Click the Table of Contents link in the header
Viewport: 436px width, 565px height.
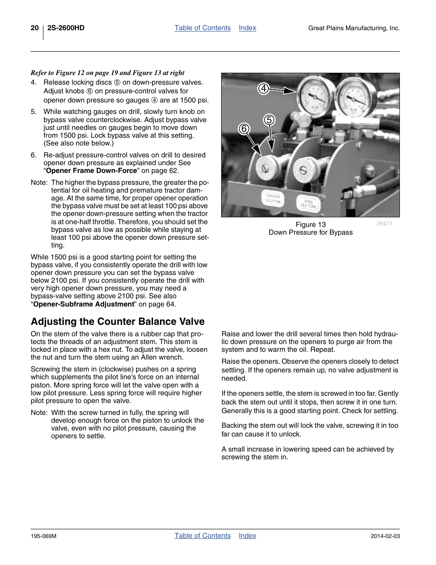click(x=202, y=28)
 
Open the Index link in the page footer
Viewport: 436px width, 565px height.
click(x=247, y=536)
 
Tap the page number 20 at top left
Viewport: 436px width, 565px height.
click(x=35, y=28)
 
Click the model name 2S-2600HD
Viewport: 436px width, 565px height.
click(x=66, y=28)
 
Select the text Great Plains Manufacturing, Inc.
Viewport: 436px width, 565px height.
click(x=354, y=28)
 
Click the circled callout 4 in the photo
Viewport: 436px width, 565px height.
click(x=263, y=88)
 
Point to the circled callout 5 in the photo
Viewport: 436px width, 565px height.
click(x=269, y=120)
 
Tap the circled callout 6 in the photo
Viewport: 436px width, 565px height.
click(x=244, y=129)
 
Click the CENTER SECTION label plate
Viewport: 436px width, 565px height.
click(x=273, y=199)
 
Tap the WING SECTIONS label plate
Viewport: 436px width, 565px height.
click(x=308, y=204)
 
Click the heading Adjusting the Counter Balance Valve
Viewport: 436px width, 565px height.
click(x=117, y=322)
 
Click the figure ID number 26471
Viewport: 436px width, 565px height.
click(x=384, y=224)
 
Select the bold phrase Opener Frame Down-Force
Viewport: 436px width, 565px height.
click(x=91, y=171)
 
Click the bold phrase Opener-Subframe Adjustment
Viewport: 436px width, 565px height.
click(x=84, y=304)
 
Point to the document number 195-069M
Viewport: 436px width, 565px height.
click(x=43, y=536)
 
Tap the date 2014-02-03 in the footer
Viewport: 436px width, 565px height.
click(x=385, y=536)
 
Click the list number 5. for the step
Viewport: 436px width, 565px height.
click(x=33, y=112)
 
